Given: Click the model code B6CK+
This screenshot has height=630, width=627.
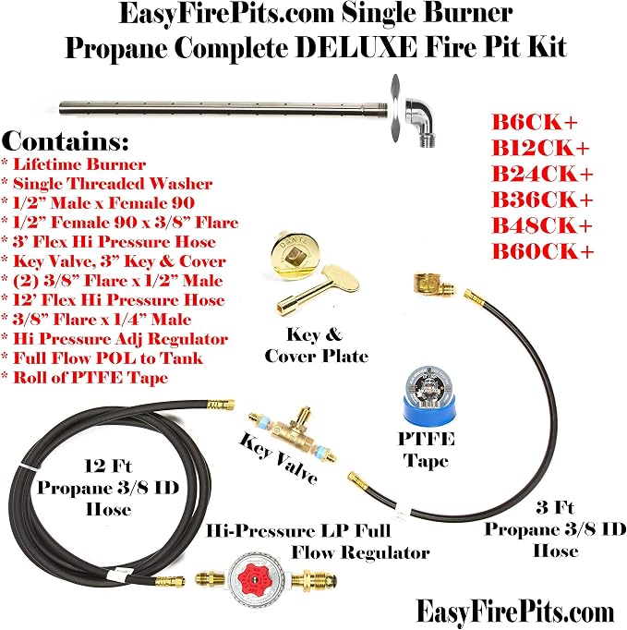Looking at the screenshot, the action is (x=535, y=122).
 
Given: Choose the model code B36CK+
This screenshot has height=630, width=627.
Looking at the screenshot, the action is (x=542, y=200).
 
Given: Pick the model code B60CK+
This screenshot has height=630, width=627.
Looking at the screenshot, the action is (x=543, y=251).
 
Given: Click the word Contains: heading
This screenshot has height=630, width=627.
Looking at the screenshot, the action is (x=65, y=141).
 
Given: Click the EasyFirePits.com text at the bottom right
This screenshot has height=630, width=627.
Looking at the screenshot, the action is (x=515, y=612).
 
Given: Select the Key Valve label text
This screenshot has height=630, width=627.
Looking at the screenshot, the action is (x=278, y=458).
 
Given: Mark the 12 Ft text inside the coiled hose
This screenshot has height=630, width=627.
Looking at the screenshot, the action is (x=108, y=466).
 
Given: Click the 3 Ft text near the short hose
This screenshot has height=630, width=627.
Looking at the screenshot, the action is (x=555, y=507).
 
